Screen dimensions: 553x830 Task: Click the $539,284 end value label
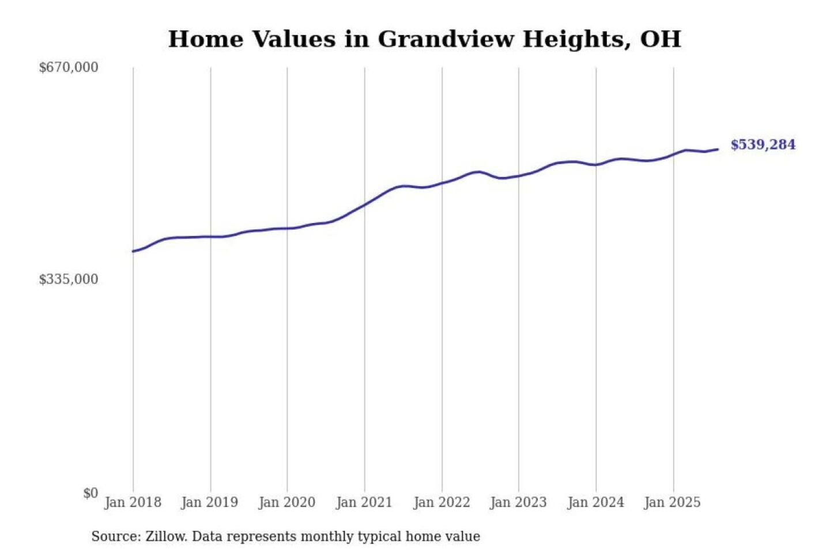(x=763, y=145)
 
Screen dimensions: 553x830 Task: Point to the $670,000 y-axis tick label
(x=69, y=67)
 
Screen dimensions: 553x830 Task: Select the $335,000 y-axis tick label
(x=69, y=279)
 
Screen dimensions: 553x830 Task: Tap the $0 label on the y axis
(x=90, y=493)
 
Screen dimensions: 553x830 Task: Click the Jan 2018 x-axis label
(x=133, y=502)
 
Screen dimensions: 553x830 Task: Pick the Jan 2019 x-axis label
(x=209, y=502)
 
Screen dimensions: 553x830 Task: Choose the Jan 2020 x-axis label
(x=286, y=502)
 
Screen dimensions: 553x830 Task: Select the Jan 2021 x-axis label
(x=364, y=502)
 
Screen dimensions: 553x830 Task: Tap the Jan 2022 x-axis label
(x=442, y=502)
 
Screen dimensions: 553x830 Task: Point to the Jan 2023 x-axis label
(x=518, y=502)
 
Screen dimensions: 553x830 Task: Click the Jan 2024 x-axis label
(x=595, y=502)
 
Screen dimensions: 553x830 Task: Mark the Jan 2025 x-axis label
(x=672, y=502)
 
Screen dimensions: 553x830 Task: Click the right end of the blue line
(x=718, y=149)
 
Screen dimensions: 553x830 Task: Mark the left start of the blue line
(x=133, y=251)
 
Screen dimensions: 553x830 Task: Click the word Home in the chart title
(x=206, y=39)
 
